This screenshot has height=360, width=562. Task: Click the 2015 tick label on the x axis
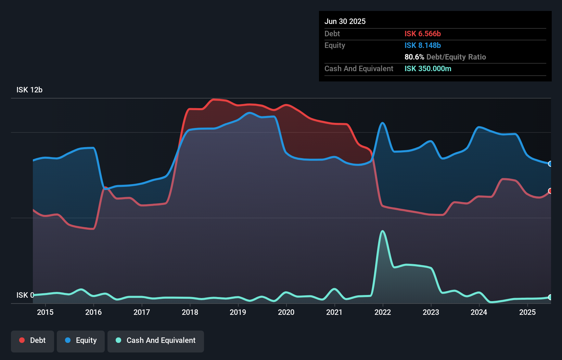pyautogui.click(x=45, y=312)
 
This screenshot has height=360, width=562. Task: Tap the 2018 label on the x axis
pyautogui.click(x=190, y=312)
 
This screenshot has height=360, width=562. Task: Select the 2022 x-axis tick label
pyautogui.click(x=383, y=312)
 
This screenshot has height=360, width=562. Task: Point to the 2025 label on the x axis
pyautogui.click(x=527, y=312)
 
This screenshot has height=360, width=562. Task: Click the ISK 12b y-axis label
pyautogui.click(x=29, y=90)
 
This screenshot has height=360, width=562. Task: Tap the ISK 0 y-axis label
pyautogui.click(x=25, y=295)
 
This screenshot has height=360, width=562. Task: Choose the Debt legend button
pyautogui.click(x=33, y=340)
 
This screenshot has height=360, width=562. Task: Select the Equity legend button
pyautogui.click(x=81, y=340)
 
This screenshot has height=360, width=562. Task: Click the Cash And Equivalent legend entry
pyautogui.click(x=156, y=340)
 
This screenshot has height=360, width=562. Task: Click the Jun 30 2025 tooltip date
pyautogui.click(x=345, y=21)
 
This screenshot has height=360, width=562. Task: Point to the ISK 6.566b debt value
pyautogui.click(x=423, y=34)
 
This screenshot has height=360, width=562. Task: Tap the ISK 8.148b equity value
pyautogui.click(x=423, y=45)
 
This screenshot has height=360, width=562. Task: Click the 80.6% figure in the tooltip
pyautogui.click(x=414, y=57)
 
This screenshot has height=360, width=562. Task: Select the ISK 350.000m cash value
pyautogui.click(x=428, y=68)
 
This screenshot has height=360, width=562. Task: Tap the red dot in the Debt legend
pyautogui.click(x=22, y=340)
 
